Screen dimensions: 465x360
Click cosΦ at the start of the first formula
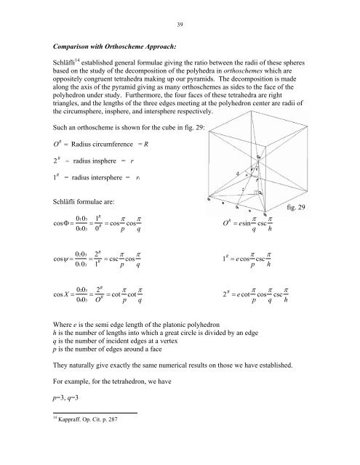point(54,236)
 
